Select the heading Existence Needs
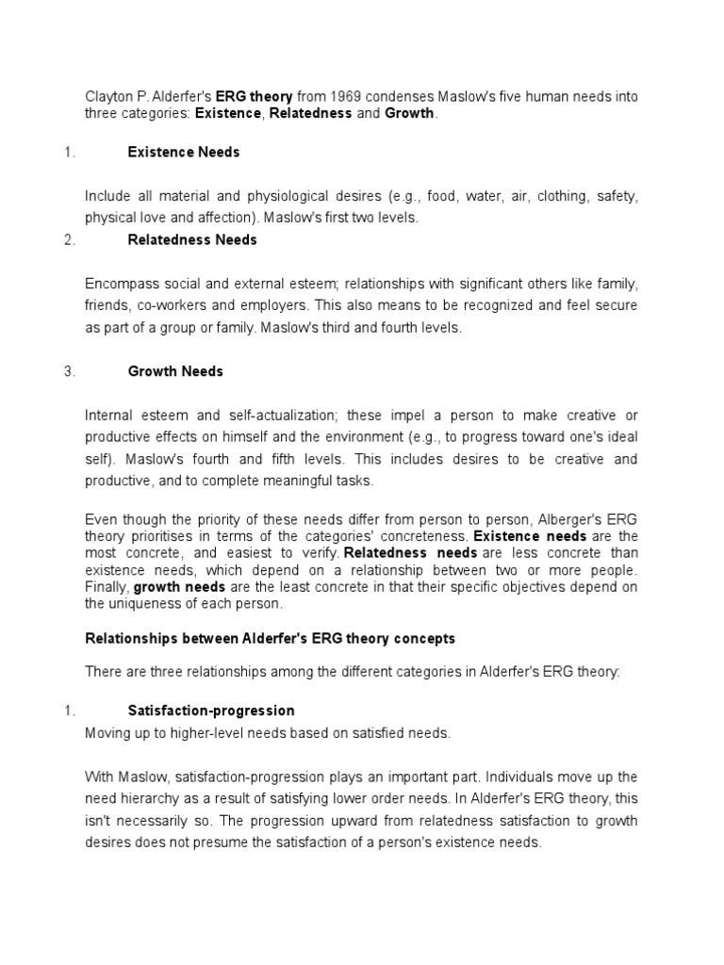tap(184, 152)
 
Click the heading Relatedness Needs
tap(192, 239)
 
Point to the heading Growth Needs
tap(175, 371)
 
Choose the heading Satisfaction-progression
tap(211, 711)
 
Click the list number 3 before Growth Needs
tap(69, 371)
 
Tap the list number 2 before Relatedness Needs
tap(69, 239)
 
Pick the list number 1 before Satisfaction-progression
tap(69, 711)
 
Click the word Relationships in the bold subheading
tap(127, 638)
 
